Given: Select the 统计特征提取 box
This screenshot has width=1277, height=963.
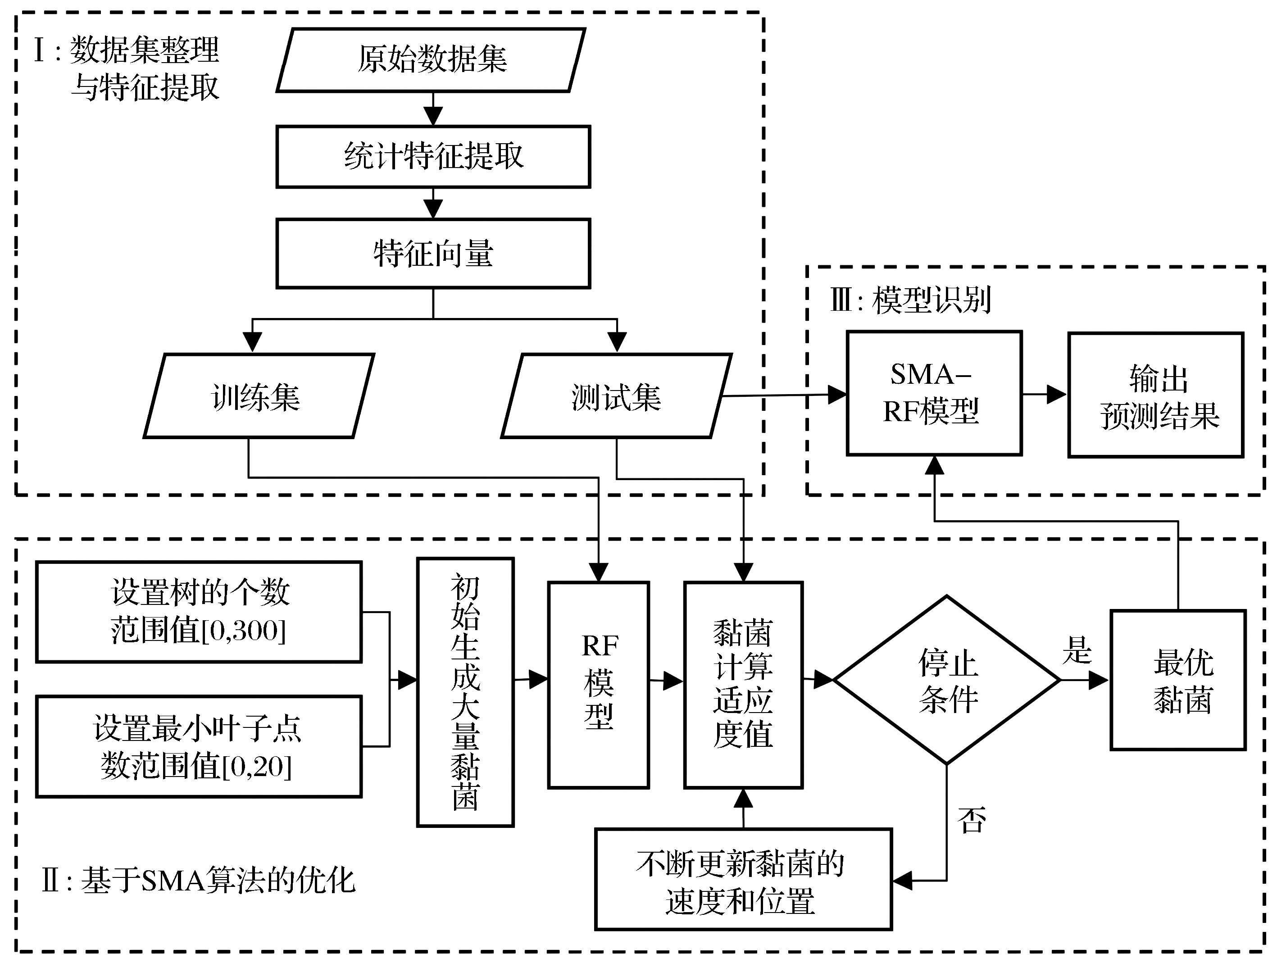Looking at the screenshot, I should click(433, 156).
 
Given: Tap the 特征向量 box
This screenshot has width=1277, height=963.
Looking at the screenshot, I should click(433, 254).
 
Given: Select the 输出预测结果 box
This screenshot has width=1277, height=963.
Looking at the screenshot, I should click(1155, 395).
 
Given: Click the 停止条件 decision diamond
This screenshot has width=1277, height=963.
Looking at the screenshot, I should click(947, 680).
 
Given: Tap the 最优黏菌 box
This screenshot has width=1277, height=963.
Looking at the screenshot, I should click(1178, 680).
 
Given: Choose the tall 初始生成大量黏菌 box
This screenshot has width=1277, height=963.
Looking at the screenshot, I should click(465, 692).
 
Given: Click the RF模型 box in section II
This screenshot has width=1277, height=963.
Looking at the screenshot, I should click(599, 684).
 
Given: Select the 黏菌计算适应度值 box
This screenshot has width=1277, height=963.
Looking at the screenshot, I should click(743, 684).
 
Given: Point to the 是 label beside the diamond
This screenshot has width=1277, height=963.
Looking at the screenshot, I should click(1077, 650).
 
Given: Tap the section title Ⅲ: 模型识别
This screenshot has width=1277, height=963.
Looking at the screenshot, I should click(910, 300).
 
